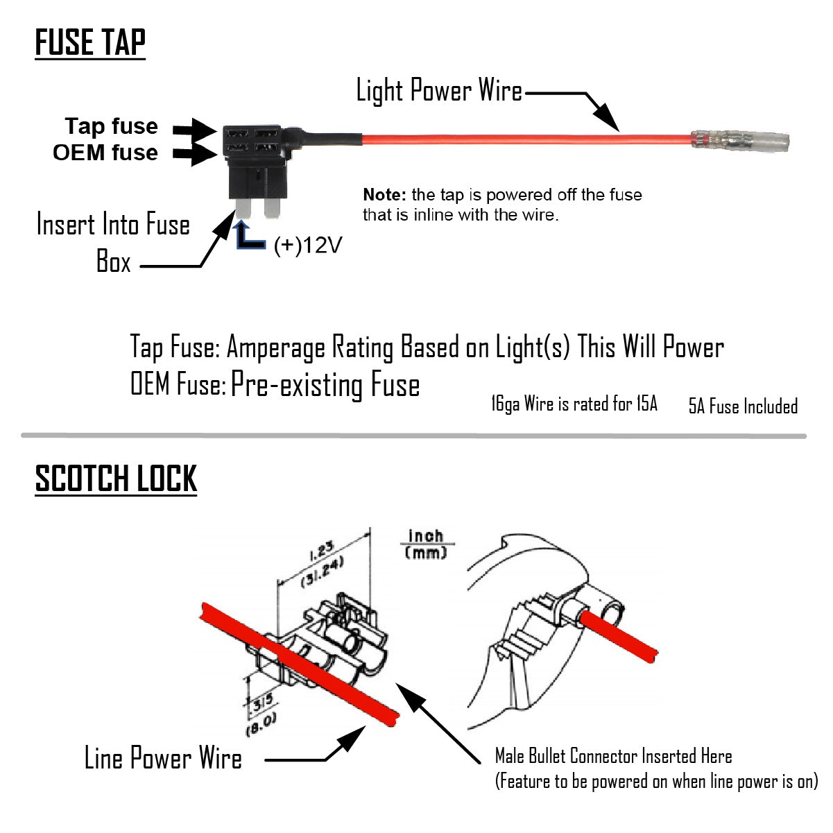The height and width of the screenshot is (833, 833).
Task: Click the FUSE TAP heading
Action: [90, 43]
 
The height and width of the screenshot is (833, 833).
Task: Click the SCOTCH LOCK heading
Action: [116, 479]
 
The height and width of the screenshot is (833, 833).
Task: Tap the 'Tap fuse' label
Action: [111, 126]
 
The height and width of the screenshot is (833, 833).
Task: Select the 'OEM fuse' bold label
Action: [105, 153]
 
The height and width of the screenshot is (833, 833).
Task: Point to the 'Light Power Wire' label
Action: [439, 91]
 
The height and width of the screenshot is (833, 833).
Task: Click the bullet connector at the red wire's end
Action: [739, 141]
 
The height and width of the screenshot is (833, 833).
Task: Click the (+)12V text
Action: [308, 245]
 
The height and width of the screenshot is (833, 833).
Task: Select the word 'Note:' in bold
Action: [384, 195]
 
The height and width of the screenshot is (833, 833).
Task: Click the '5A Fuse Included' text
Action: [743, 406]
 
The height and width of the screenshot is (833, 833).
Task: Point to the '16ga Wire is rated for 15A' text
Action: [574, 404]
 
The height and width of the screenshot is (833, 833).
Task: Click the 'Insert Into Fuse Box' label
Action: [112, 243]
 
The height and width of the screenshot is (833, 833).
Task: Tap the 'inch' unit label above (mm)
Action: [425, 536]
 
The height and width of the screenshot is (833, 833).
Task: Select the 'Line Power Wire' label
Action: [163, 758]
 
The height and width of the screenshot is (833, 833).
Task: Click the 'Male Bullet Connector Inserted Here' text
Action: [613, 756]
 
